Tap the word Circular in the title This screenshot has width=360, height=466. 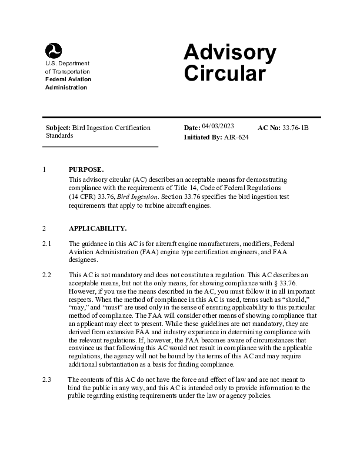[x=225, y=74]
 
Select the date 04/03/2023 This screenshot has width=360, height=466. [x=218, y=126]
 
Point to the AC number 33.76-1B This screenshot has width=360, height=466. [x=296, y=127]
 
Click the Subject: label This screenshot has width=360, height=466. [x=58, y=128]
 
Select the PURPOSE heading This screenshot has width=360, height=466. [x=86, y=169]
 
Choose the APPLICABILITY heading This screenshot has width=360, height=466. [x=97, y=228]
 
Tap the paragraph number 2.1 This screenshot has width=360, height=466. [x=48, y=244]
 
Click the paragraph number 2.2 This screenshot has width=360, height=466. [x=48, y=275]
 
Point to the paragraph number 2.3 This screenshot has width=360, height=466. [x=48, y=380]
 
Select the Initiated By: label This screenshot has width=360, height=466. [x=203, y=137]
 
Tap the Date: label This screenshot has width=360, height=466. [x=192, y=128]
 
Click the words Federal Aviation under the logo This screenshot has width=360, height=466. [x=68, y=79]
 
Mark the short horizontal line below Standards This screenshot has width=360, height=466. [x=102, y=146]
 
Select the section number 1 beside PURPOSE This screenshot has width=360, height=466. [x=45, y=169]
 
